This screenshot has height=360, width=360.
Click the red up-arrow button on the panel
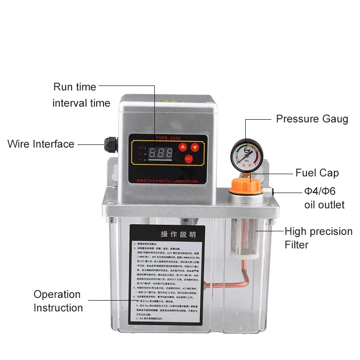(x=183, y=147)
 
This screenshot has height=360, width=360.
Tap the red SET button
(x=189, y=159)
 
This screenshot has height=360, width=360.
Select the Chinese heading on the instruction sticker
(x=179, y=234)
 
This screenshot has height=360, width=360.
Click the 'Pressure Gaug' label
(x=312, y=119)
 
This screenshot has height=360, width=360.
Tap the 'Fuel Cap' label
(x=317, y=173)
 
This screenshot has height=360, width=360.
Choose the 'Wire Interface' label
(x=40, y=144)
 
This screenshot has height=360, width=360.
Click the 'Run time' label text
(x=75, y=87)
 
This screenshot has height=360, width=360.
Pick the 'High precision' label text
(x=318, y=231)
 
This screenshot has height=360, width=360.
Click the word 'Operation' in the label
(x=57, y=294)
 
